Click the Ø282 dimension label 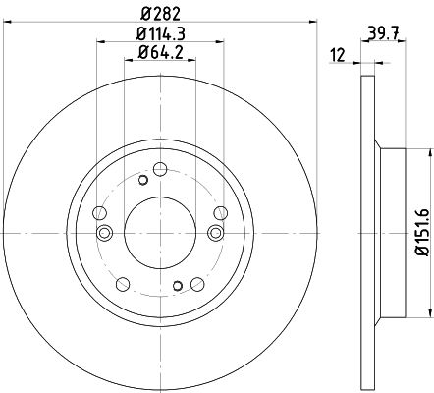point(160,14)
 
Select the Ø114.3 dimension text point(160,33)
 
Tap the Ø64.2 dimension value point(160,52)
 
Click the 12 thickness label point(338,55)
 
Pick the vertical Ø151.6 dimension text point(422,232)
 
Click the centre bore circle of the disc point(160,233)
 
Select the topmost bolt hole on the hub point(160,169)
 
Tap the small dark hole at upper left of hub point(143,180)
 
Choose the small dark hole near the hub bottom point(178,286)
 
